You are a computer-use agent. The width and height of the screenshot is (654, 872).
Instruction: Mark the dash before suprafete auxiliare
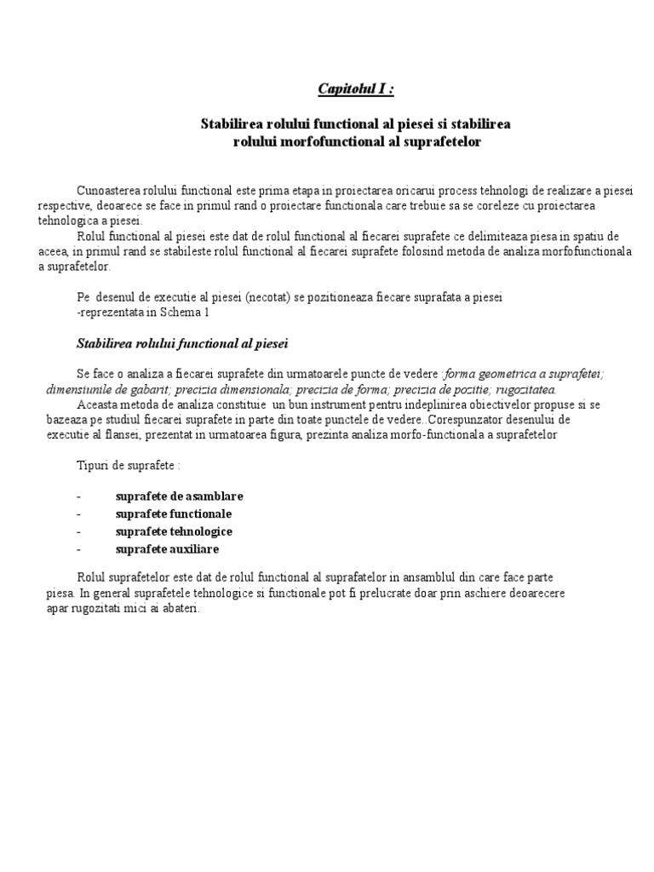pyautogui.click(x=78, y=549)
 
